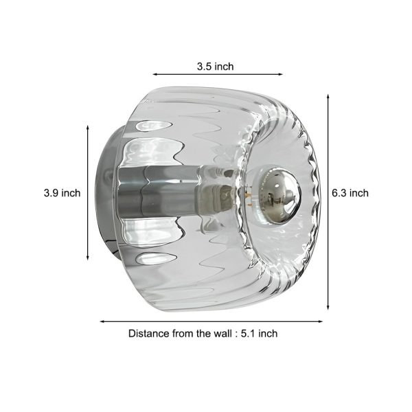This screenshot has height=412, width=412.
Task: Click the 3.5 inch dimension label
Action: click(x=215, y=67)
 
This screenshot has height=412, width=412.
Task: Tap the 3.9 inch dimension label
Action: click(x=62, y=193)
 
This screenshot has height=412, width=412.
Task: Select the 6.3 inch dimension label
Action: click(x=350, y=193)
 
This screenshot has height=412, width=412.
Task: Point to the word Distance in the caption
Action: click(x=148, y=333)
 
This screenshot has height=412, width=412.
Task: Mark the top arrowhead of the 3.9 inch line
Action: click(x=88, y=128)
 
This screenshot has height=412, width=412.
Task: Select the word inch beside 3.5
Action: click(x=224, y=67)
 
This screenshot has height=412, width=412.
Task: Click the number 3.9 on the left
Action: click(x=51, y=193)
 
